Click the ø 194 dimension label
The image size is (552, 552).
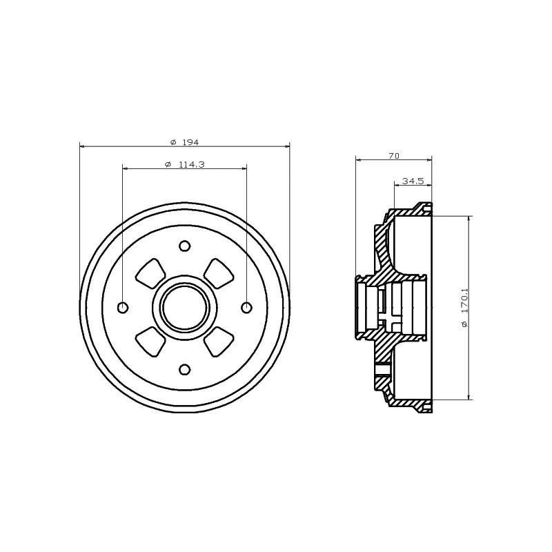[x=184, y=142]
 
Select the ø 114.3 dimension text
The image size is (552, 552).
[x=184, y=164]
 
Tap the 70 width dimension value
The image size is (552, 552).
[x=394, y=156]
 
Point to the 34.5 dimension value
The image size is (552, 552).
[x=413, y=181]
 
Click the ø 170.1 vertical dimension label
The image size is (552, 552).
[x=464, y=308]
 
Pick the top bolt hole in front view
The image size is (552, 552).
[x=185, y=246]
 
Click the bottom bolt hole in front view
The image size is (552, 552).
[x=185, y=370]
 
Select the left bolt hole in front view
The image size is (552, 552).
[x=123, y=308]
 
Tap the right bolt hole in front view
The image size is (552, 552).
[x=247, y=308]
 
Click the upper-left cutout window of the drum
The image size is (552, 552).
[x=150, y=273]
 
